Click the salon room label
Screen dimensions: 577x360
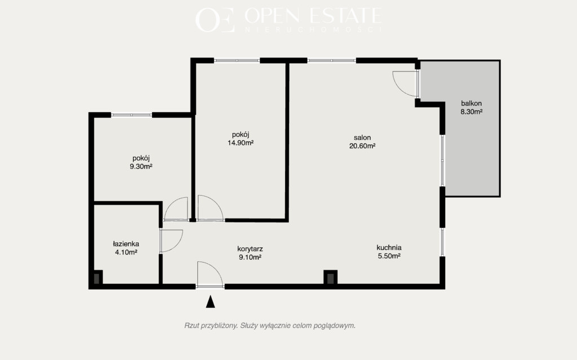(362, 137)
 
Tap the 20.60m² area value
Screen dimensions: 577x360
(362, 146)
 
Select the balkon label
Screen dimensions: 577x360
(472, 104)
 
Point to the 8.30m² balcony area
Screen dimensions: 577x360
(472, 112)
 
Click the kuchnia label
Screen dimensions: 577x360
(389, 248)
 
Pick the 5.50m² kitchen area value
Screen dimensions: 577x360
(389, 256)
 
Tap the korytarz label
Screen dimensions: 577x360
(250, 249)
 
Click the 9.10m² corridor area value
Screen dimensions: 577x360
(250, 257)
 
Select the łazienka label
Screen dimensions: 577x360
(126, 244)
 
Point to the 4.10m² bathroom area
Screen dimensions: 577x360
(126, 252)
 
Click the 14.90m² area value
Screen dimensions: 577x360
(241, 143)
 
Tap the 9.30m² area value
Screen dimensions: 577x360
(141, 166)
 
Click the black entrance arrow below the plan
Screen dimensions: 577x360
(210, 301)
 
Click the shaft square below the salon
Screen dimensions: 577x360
(330, 278)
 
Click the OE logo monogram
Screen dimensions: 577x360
(215, 20)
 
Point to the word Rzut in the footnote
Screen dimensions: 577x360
(192, 326)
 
